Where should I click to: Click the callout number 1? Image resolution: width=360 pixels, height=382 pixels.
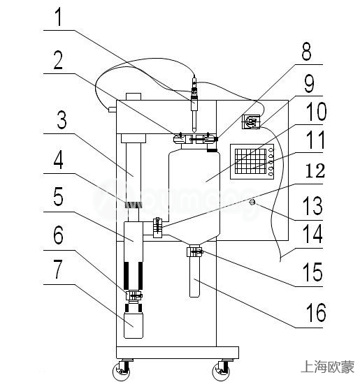(59, 17)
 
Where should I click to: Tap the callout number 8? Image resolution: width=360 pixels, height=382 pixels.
(306, 51)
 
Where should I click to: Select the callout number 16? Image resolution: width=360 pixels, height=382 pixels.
(316, 312)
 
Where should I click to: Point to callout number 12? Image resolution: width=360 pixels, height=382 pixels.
(315, 170)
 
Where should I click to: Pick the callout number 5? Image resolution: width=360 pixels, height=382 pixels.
(58, 196)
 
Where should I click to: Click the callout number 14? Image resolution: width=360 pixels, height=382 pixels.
(312, 234)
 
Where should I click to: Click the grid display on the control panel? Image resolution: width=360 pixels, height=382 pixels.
(250, 161)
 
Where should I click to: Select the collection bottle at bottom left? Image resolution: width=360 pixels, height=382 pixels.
(134, 325)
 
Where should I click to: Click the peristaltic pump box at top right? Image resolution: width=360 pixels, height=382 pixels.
(251, 122)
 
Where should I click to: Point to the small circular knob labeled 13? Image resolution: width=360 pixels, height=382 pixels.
(252, 202)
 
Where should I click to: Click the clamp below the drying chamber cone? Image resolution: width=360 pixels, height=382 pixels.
(195, 251)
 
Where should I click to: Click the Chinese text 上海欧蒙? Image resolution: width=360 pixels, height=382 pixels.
(327, 367)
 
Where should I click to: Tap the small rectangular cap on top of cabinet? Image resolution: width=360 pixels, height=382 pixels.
(134, 96)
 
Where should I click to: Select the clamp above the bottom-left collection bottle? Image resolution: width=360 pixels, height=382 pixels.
(134, 296)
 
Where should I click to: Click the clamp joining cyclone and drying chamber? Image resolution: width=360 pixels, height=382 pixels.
(157, 228)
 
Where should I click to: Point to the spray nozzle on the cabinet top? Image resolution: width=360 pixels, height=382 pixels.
(194, 104)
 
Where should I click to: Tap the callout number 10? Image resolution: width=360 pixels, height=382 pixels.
(317, 112)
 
